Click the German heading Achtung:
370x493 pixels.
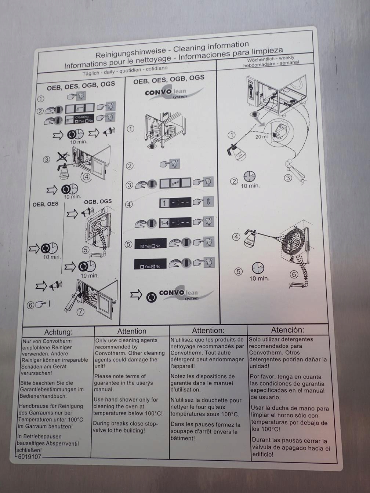click(x=58, y=332)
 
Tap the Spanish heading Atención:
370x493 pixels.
click(x=287, y=330)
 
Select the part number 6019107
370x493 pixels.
click(x=29, y=457)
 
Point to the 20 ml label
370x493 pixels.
click(x=261, y=137)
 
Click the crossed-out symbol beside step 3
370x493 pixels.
click(x=62, y=157)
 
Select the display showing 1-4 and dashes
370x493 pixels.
click(x=175, y=222)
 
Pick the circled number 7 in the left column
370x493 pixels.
click(x=80, y=312)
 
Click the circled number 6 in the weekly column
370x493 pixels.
click(x=294, y=274)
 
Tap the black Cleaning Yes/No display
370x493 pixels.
click(x=80, y=119)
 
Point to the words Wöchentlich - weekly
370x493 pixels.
click(x=271, y=59)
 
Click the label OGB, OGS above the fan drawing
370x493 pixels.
click(x=98, y=201)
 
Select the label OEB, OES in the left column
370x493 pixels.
click(x=46, y=204)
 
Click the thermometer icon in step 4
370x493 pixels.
click(x=208, y=201)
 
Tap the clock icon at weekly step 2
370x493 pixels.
click(x=249, y=176)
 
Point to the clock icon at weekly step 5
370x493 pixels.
click(x=258, y=268)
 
